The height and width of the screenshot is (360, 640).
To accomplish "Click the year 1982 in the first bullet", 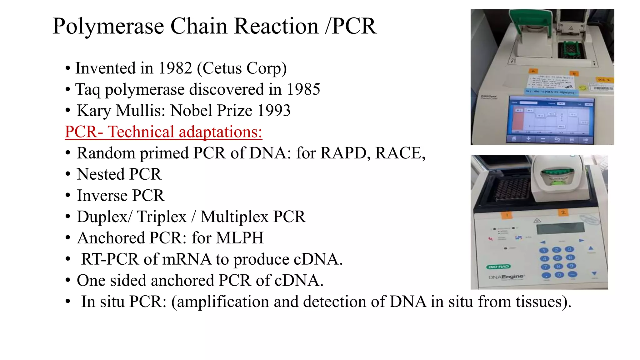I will [x=175, y=68].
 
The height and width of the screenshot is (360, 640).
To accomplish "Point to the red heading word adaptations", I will [x=220, y=132].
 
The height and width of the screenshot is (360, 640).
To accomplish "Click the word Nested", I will [x=101, y=174].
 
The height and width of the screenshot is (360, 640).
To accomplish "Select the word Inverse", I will [x=102, y=196].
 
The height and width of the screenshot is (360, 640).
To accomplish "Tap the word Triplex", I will [x=162, y=217].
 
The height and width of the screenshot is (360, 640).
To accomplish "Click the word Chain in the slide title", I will [x=199, y=26].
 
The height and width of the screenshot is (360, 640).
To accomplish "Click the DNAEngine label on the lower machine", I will [x=506, y=277].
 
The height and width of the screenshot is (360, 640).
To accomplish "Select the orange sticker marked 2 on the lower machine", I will [x=563, y=212].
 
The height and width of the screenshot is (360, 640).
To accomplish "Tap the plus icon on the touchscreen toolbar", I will [x=528, y=138].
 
